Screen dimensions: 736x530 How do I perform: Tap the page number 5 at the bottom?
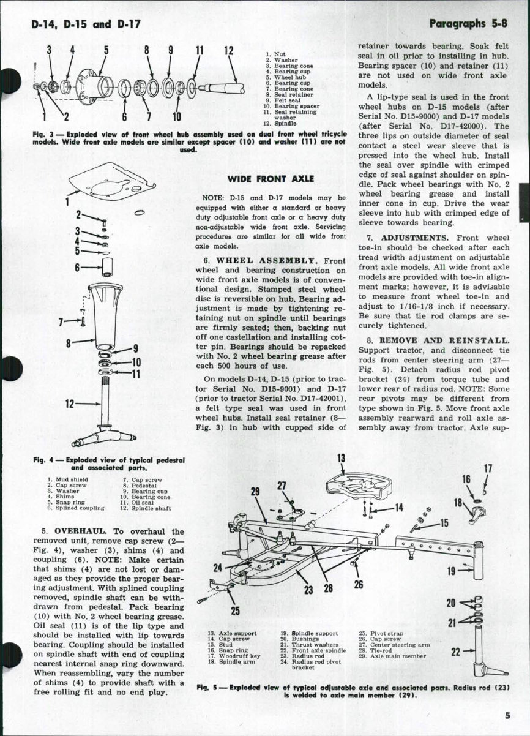[x=508, y=715]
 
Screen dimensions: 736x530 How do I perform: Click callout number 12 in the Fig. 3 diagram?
[x=230, y=51]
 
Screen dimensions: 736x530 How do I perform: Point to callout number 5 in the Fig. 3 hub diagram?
[x=105, y=50]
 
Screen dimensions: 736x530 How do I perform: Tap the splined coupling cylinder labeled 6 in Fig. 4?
[x=110, y=267]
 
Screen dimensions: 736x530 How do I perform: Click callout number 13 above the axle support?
[x=341, y=457]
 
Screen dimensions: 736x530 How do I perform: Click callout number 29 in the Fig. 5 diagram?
[x=256, y=491]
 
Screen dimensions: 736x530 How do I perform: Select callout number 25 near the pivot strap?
[x=235, y=610]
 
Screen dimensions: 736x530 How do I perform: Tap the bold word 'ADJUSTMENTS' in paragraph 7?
[x=414, y=237]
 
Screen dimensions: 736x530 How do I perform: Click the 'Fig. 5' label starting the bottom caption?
[x=209, y=686]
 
